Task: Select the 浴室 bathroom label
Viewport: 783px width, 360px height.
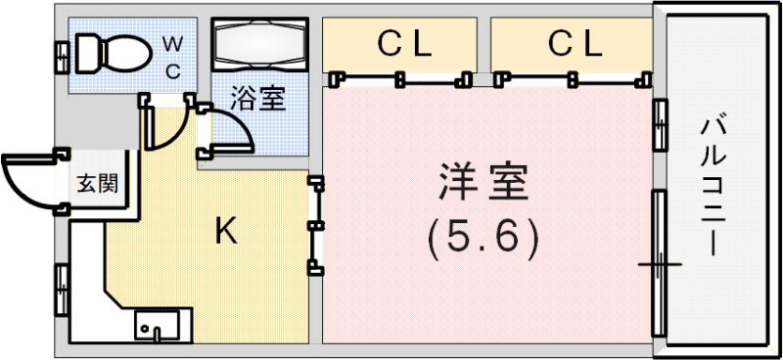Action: [x=258, y=98]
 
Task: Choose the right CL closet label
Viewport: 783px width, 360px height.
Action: [x=574, y=43]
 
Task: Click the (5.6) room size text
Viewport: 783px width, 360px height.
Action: [x=484, y=238]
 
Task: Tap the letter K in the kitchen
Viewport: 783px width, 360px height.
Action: [x=225, y=232]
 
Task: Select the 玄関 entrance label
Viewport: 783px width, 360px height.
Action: [x=97, y=184]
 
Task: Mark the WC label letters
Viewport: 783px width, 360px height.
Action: [x=171, y=57]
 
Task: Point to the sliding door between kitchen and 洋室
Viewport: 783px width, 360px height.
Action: [x=314, y=225]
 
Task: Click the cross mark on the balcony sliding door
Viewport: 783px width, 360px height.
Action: [x=659, y=264]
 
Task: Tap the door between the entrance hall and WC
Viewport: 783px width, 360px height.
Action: [x=153, y=122]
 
